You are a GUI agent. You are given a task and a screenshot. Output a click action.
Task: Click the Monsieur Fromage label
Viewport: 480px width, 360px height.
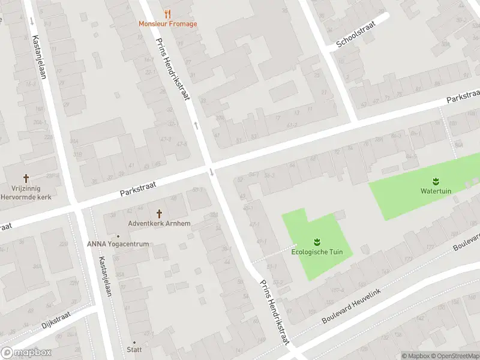coord(167,24)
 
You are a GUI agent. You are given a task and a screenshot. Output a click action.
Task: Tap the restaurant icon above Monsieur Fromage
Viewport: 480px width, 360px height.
coord(167,13)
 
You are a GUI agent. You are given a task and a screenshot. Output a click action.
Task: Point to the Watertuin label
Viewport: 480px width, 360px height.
coord(436,191)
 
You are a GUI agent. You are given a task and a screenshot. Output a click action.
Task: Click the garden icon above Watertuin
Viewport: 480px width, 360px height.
coord(436,181)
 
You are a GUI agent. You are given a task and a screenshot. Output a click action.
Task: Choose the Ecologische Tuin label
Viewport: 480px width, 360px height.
coord(317,252)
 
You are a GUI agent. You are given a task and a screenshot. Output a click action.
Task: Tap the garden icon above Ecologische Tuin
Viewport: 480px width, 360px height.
coord(317,242)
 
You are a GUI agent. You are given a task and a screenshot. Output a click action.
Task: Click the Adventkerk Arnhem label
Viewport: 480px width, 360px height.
coord(159,224)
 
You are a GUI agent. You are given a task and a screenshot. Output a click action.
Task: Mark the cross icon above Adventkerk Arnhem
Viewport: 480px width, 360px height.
coord(159,213)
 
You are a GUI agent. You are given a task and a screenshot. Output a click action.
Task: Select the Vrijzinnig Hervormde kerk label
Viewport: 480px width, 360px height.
coord(26,193)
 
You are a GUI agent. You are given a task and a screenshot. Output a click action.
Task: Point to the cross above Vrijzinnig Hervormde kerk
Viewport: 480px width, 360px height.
coord(26,178)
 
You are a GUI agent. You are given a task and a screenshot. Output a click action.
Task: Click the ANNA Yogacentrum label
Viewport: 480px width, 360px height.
coord(118,244)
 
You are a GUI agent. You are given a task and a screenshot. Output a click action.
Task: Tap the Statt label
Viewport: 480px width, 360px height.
coord(134,349)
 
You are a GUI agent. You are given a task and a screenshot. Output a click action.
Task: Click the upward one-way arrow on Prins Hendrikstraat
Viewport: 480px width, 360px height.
coord(196,125)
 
